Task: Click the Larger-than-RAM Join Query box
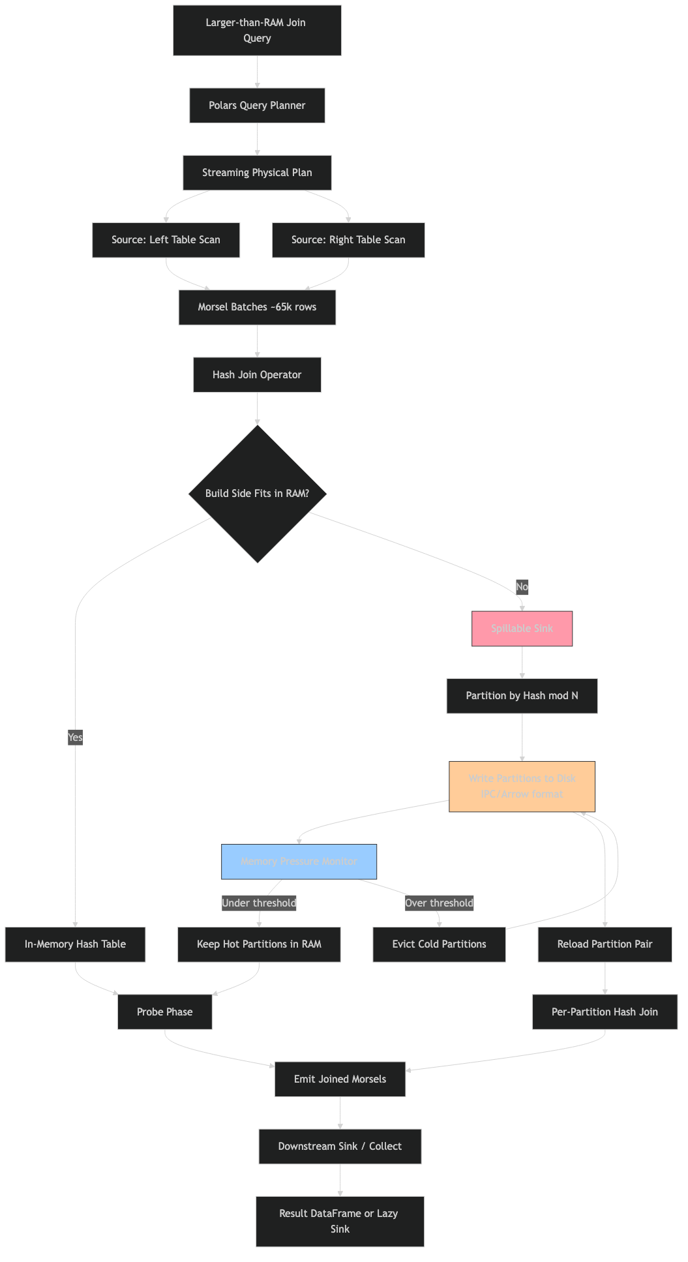[257, 30]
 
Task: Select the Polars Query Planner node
[257, 106]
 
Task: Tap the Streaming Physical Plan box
[257, 173]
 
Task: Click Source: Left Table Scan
[166, 240]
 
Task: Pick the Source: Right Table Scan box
[348, 240]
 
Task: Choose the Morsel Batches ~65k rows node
[257, 307]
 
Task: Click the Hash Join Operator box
[257, 375]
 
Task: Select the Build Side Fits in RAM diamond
[257, 494]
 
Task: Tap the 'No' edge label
[522, 587]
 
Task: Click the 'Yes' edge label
[75, 738]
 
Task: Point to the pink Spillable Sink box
[522, 629]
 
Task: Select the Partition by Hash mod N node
[522, 696]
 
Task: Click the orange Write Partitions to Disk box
[522, 787]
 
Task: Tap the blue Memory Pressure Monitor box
[299, 862]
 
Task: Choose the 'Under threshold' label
[259, 903]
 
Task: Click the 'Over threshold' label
[439, 903]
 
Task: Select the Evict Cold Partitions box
[439, 944]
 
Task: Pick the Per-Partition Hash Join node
[605, 1012]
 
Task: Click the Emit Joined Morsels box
[340, 1079]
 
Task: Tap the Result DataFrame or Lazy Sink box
[340, 1222]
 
